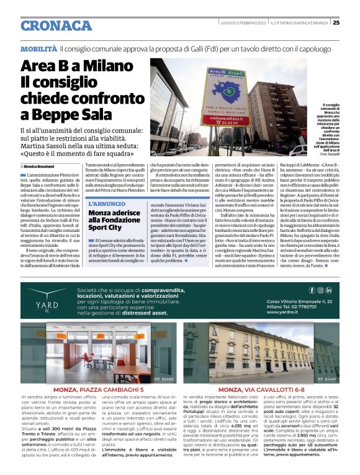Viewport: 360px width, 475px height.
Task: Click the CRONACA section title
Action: tap(56, 25)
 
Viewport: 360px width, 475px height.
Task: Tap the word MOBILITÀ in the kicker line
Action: tap(39, 48)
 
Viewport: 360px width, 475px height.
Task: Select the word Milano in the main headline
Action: tap(106, 66)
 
